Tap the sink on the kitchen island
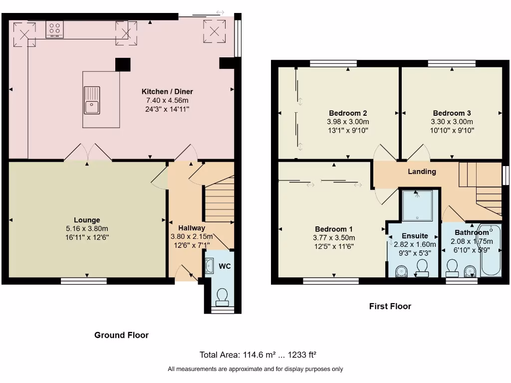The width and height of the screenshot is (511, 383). (x=92, y=100)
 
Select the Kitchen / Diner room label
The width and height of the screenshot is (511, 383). (x=167, y=91)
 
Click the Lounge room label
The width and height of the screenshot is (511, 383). (x=87, y=220)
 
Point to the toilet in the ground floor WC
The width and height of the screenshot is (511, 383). (x=222, y=298)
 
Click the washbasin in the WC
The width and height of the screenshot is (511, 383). (x=209, y=265)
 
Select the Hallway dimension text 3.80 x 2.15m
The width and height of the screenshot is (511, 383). (x=192, y=236)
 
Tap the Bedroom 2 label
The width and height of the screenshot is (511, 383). (x=348, y=113)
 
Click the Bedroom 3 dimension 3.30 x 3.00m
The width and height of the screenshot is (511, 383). (x=452, y=122)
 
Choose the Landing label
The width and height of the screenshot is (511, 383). (x=422, y=172)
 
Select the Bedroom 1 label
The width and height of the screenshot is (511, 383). (x=333, y=229)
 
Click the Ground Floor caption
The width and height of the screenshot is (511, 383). (x=121, y=335)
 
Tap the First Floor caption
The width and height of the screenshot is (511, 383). (x=390, y=306)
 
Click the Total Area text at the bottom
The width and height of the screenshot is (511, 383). (x=258, y=355)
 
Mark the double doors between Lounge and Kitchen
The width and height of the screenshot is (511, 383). (x=87, y=153)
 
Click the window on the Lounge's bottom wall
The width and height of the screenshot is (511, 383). (x=83, y=281)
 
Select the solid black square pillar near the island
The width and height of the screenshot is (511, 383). (x=122, y=64)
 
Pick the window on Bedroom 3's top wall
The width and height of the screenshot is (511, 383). (x=451, y=63)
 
